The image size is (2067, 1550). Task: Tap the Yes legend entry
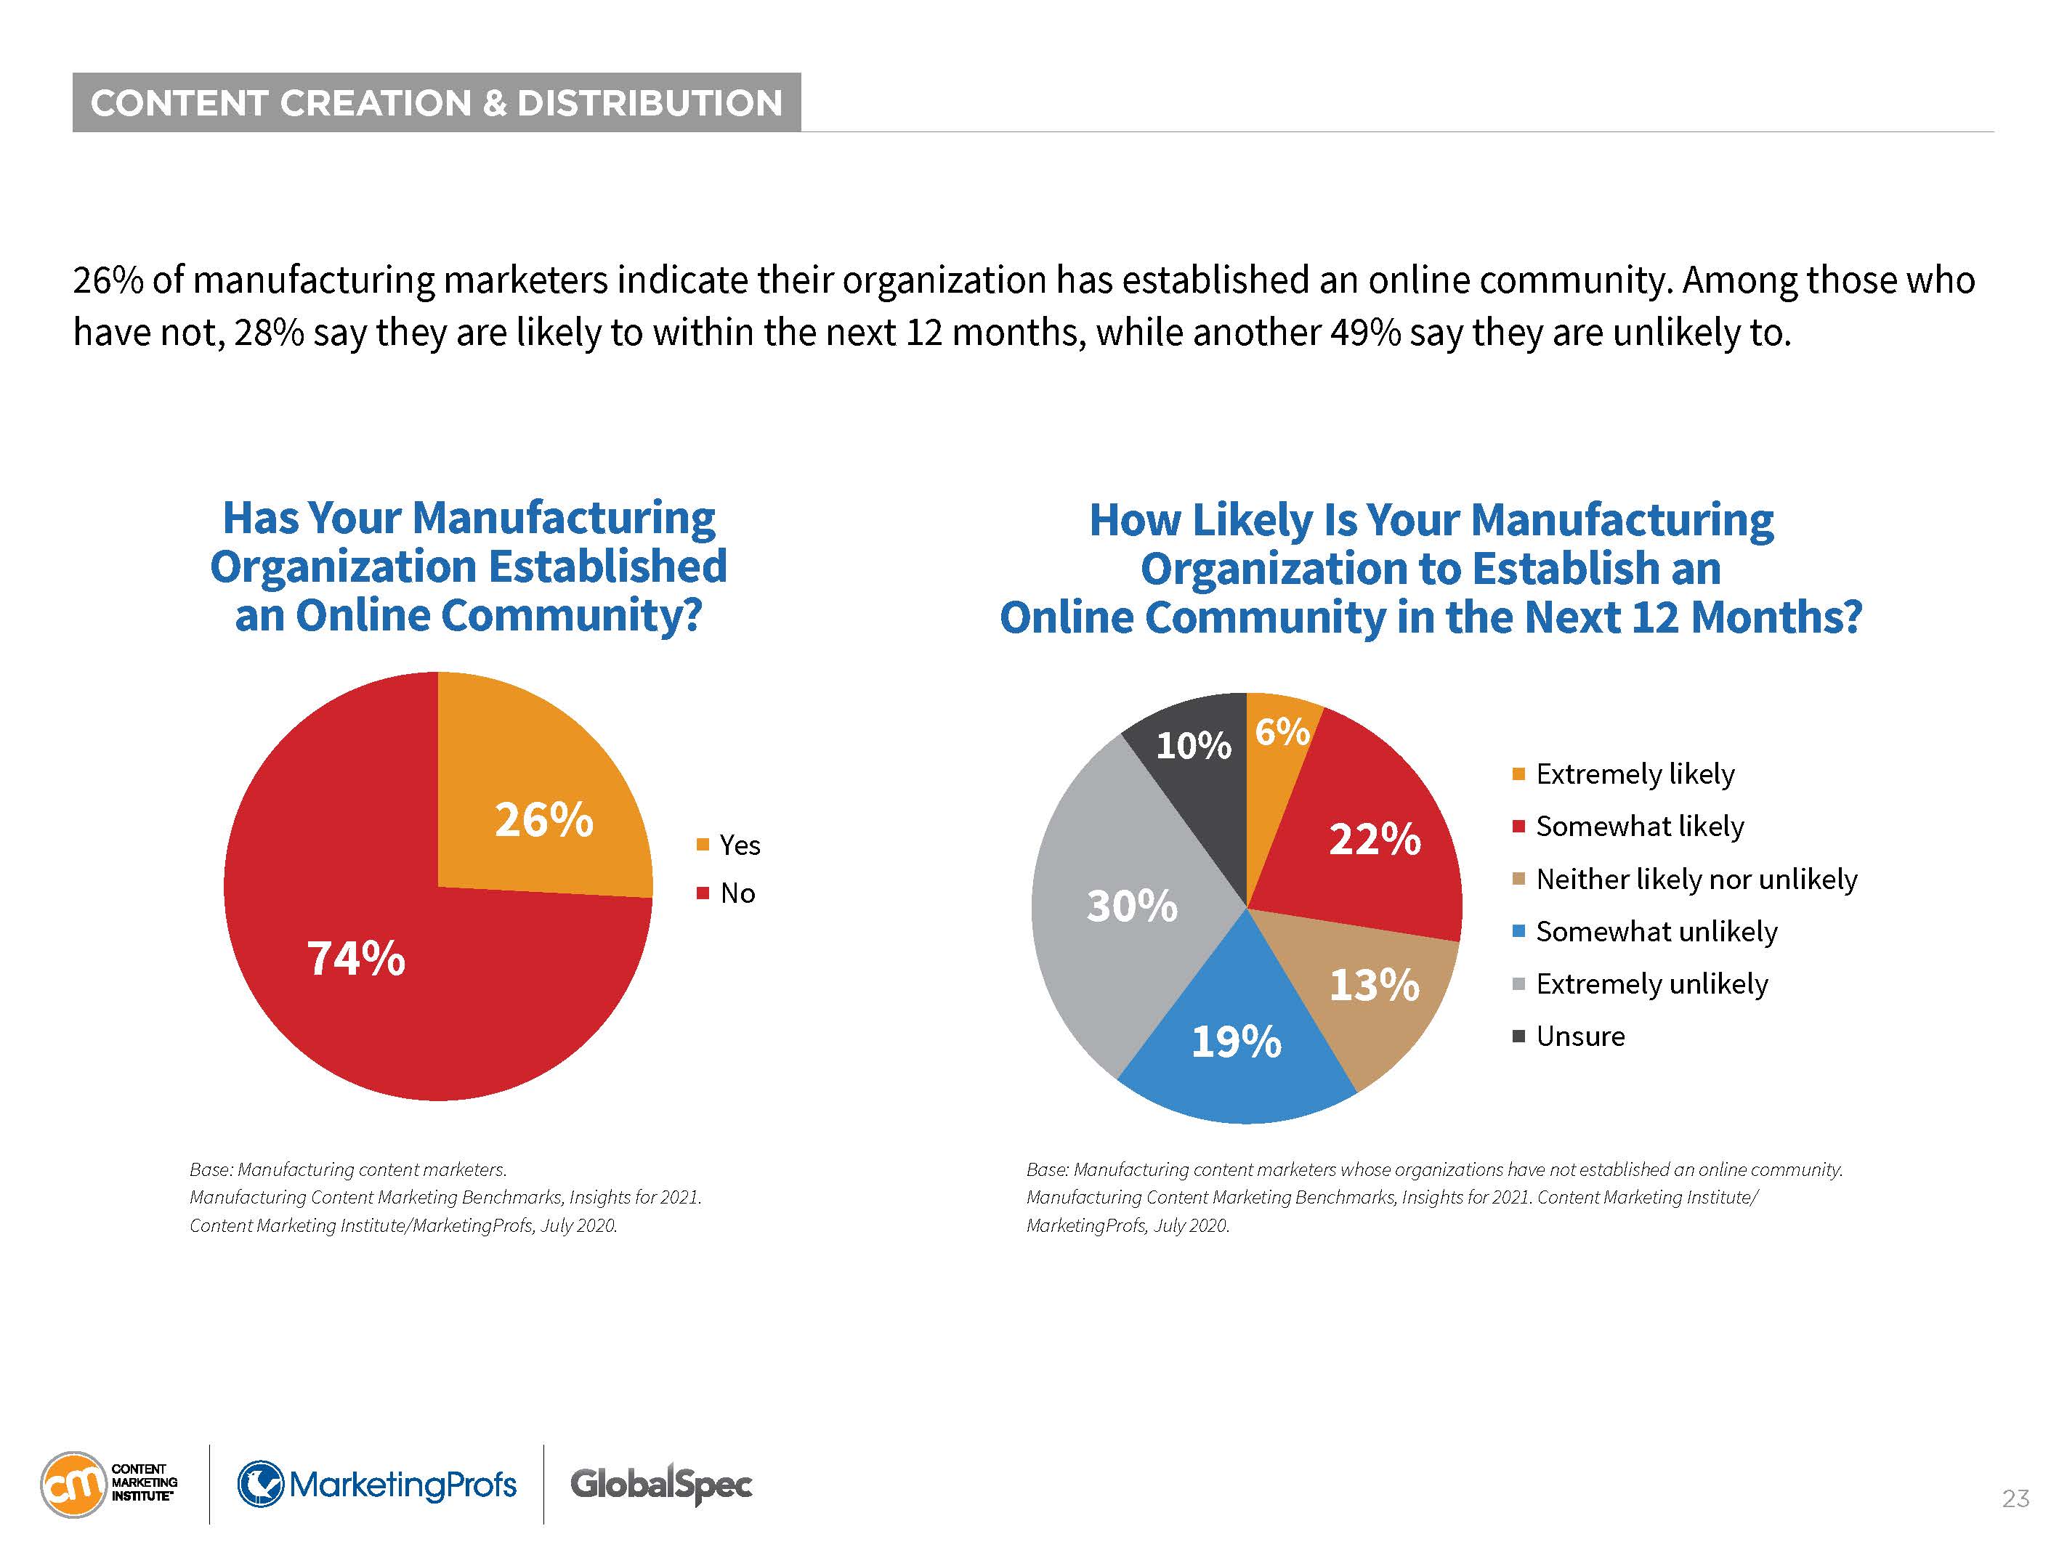coord(738,845)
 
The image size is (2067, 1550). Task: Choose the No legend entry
coord(736,893)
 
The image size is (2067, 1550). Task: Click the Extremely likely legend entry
coord(1633,774)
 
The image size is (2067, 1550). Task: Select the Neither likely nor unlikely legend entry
coord(1695,879)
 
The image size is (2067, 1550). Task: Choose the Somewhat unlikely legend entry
coord(1656,931)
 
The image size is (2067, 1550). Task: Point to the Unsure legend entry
coord(1579,1036)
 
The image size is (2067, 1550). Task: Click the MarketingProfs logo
coord(378,1484)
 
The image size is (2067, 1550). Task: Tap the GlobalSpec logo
coord(660,1484)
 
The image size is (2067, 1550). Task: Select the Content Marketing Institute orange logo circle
coord(73,1484)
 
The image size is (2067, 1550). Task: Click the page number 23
coord(2015,1498)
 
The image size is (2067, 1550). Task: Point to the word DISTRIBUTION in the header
coord(650,102)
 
